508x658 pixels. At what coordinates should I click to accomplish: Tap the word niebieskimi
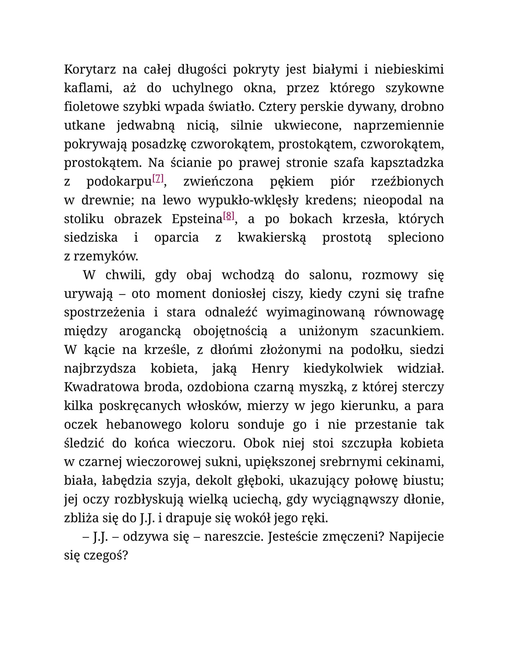pyautogui.click(x=409, y=70)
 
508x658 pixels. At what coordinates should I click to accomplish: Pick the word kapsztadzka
pyautogui.click(x=407, y=163)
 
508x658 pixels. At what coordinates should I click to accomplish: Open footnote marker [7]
pyautogui.click(x=158, y=179)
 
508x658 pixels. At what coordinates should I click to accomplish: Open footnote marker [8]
pyautogui.click(x=229, y=216)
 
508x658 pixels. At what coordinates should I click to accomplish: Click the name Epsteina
pyautogui.click(x=197, y=219)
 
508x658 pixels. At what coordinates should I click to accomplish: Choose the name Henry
pyautogui.click(x=270, y=369)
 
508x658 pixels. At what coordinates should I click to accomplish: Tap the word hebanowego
pyautogui.click(x=143, y=425)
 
